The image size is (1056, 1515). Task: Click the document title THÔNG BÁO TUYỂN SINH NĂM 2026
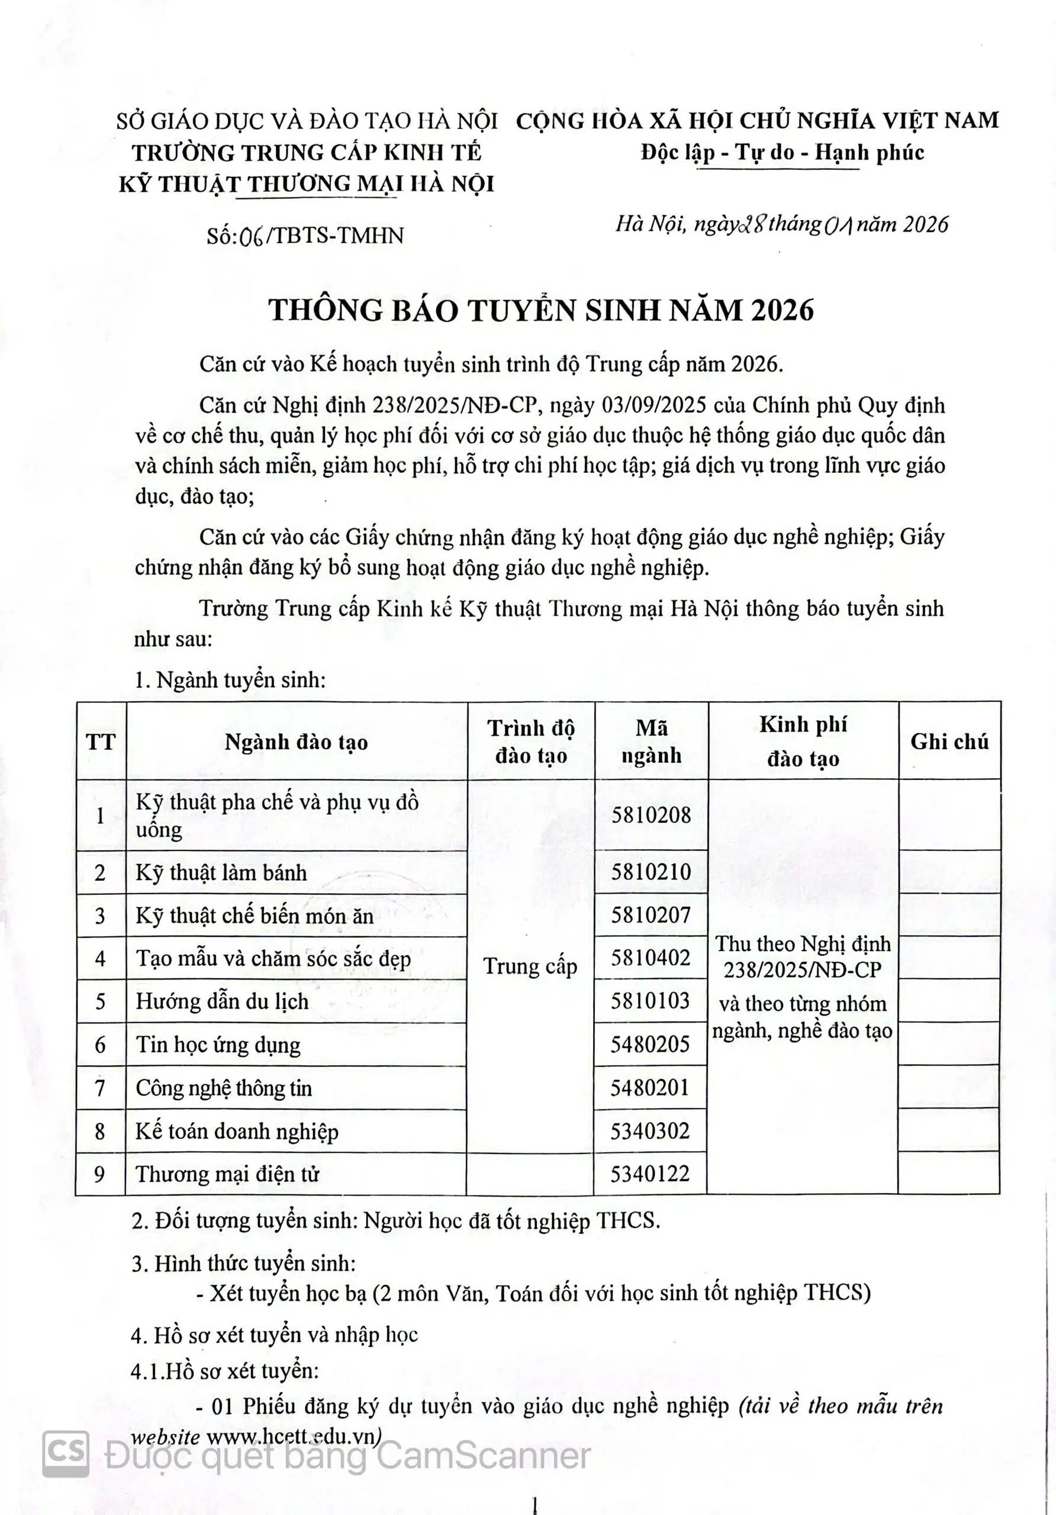pos(541,311)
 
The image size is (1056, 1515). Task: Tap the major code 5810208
pos(651,815)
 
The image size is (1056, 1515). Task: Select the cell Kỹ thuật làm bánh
pos(222,872)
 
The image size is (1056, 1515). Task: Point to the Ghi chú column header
pos(949,742)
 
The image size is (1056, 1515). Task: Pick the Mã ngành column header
pos(652,742)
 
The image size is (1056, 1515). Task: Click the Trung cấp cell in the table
pos(530,966)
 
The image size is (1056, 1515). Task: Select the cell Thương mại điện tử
pos(228,1174)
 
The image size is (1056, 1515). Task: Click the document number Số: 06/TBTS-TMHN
pos(305,236)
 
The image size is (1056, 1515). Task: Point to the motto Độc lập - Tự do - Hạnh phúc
pos(781,153)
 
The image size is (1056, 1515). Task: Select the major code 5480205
pos(650,1044)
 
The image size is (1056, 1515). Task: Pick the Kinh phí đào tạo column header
pos(803,742)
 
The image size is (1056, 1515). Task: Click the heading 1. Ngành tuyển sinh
pos(230,679)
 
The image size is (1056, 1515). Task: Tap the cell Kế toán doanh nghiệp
pos(237,1131)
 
